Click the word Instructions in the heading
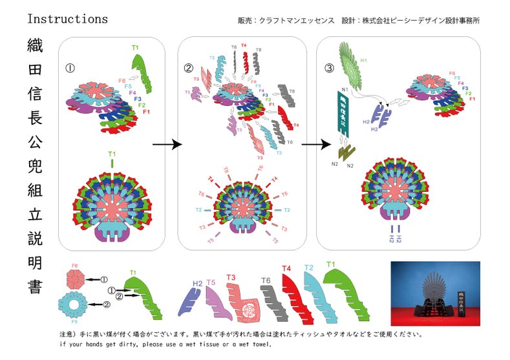point(67,19)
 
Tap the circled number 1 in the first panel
point(70,67)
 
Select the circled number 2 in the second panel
point(189,68)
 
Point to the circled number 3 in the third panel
point(329,68)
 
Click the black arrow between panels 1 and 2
point(166,145)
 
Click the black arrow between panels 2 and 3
point(313,145)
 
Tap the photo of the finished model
point(435,293)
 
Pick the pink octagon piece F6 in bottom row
point(76,279)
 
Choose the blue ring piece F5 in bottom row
point(76,303)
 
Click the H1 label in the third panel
point(364,61)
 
